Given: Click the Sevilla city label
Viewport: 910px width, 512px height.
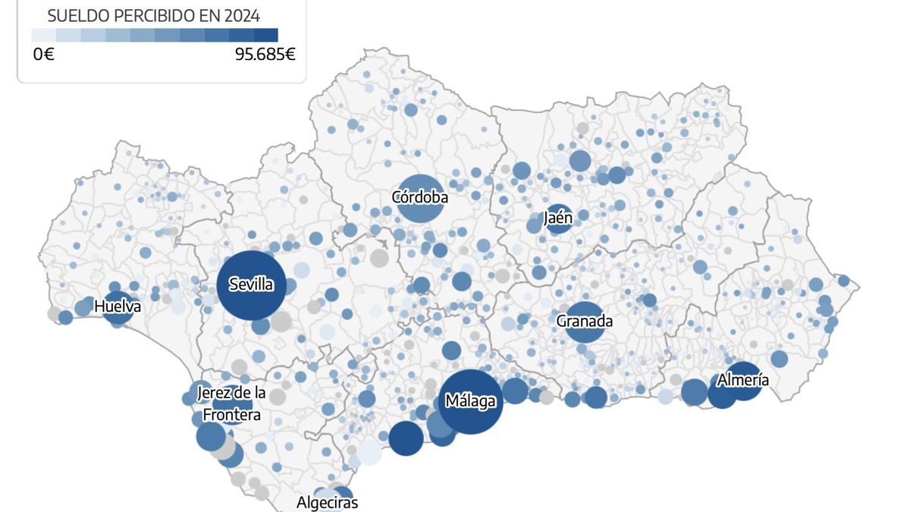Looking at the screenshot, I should (252, 285).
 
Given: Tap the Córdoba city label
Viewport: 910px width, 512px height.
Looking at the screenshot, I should (419, 197).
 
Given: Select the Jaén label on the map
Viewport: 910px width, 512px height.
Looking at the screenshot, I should (558, 218).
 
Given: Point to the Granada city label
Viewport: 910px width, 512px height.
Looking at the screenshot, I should (584, 321).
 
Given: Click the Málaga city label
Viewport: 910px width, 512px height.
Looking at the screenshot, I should (471, 401).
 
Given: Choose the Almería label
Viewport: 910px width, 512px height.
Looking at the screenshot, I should (742, 380).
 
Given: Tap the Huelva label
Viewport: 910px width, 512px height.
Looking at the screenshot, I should (118, 306).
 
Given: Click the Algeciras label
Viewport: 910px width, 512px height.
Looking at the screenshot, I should (327, 502).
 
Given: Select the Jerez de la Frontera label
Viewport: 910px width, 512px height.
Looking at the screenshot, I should (231, 404).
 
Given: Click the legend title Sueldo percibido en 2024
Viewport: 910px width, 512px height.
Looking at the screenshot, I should (154, 16).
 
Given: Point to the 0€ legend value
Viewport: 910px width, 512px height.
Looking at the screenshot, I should (43, 55).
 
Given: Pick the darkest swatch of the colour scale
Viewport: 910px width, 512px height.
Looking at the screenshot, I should (265, 35).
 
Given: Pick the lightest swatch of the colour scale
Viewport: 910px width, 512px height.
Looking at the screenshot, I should (44, 35).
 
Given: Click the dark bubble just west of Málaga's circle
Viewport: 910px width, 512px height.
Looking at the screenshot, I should (406, 438).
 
